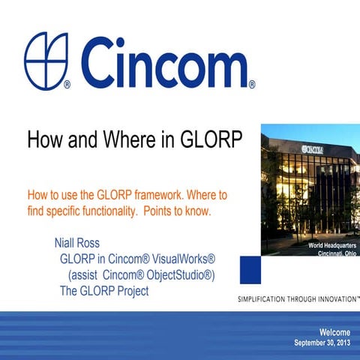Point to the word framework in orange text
tap(154, 195)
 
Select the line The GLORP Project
tap(104, 291)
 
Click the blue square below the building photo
tap(250, 268)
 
